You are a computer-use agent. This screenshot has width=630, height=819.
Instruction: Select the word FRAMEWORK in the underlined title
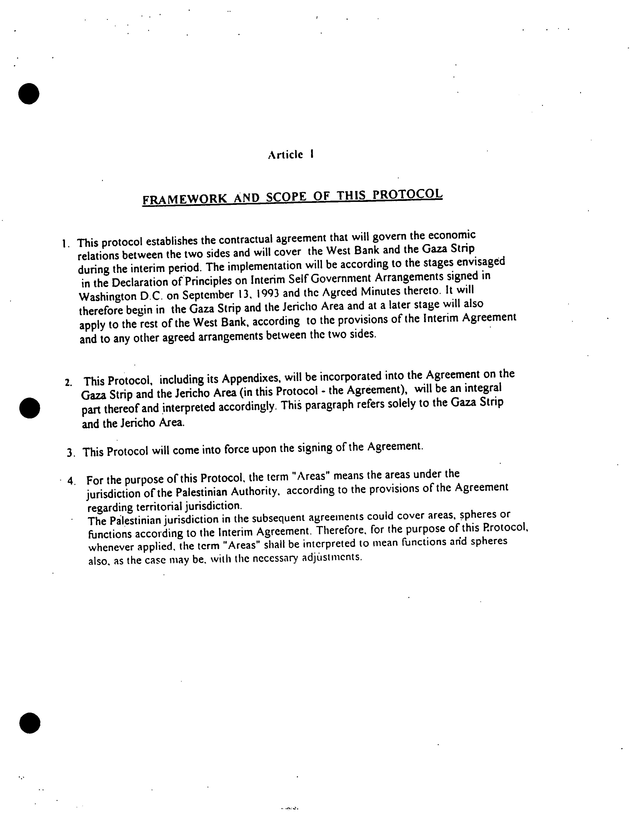184,199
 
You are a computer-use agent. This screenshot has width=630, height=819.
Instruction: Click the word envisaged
484,262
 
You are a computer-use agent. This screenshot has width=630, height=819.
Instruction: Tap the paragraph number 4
71,480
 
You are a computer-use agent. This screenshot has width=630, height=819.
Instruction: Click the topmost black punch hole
29,93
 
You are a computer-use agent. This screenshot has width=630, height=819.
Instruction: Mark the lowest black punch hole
29,724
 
